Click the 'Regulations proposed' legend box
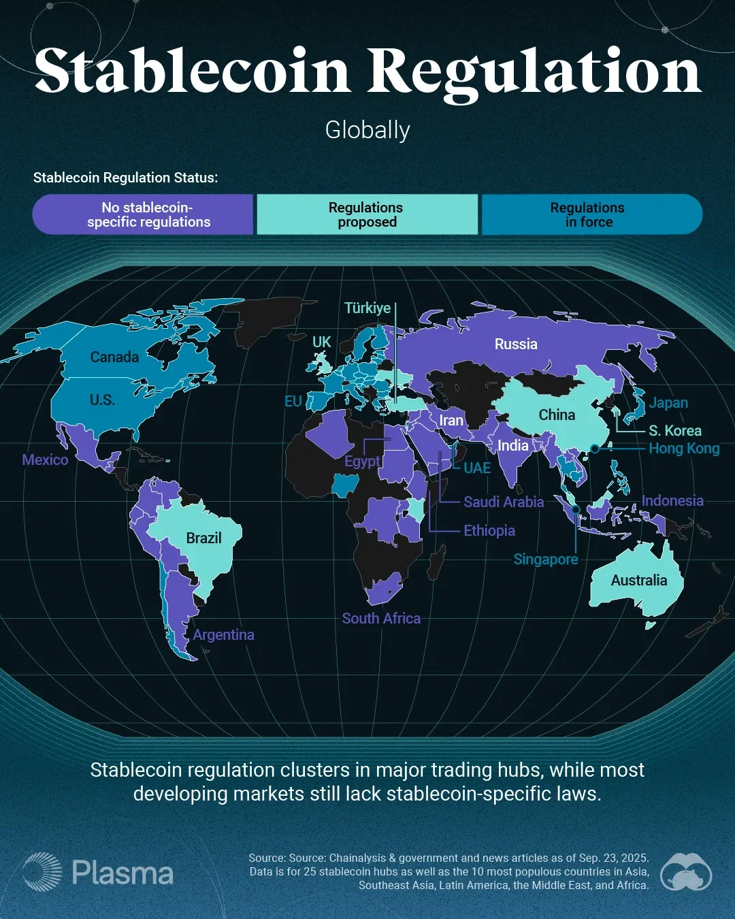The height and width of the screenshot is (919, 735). pyautogui.click(x=367, y=214)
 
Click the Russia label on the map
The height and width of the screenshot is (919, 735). pyautogui.click(x=516, y=344)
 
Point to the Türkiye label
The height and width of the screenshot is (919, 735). pyautogui.click(x=367, y=308)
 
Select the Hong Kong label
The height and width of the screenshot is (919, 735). pyautogui.click(x=684, y=448)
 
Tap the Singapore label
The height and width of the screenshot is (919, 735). pyautogui.click(x=546, y=560)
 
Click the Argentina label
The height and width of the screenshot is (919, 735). pyautogui.click(x=223, y=634)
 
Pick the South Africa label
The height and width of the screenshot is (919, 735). pyautogui.click(x=381, y=618)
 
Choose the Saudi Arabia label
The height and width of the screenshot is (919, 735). pyautogui.click(x=504, y=502)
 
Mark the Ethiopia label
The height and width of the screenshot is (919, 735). pyautogui.click(x=489, y=530)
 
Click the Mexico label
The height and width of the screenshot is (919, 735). pyautogui.click(x=45, y=459)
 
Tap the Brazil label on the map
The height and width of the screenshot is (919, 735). pyautogui.click(x=203, y=538)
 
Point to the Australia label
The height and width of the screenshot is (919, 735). pyautogui.click(x=638, y=580)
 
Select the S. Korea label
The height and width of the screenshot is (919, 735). pyautogui.click(x=674, y=430)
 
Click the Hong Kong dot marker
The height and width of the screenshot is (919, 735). pyautogui.click(x=595, y=448)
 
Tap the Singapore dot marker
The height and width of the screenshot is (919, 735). pyautogui.click(x=576, y=509)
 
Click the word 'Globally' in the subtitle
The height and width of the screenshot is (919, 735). pyautogui.click(x=367, y=130)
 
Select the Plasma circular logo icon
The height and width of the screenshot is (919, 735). pyautogui.click(x=42, y=872)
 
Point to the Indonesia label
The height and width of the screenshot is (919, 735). pyautogui.click(x=672, y=500)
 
